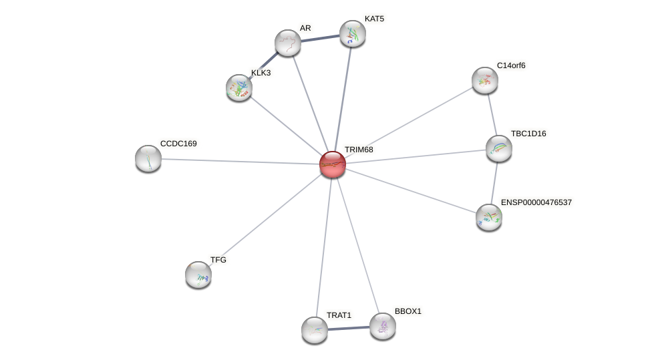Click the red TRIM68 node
coord(332,164)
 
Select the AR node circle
coord(288,43)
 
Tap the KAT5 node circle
coord(353,33)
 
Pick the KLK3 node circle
coord(239,87)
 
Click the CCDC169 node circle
coord(148,158)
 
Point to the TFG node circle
coord(198,274)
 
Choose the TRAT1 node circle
coord(315,329)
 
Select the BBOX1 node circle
coord(383,326)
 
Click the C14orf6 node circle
coord(485,80)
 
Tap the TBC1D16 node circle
coord(499,148)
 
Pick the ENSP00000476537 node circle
coord(489,216)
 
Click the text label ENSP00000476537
coord(536,202)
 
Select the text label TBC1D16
coord(528,134)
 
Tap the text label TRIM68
coord(359,150)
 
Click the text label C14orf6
coord(511,65)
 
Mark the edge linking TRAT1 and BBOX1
coord(349,328)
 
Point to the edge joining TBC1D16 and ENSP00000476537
coord(494,182)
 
